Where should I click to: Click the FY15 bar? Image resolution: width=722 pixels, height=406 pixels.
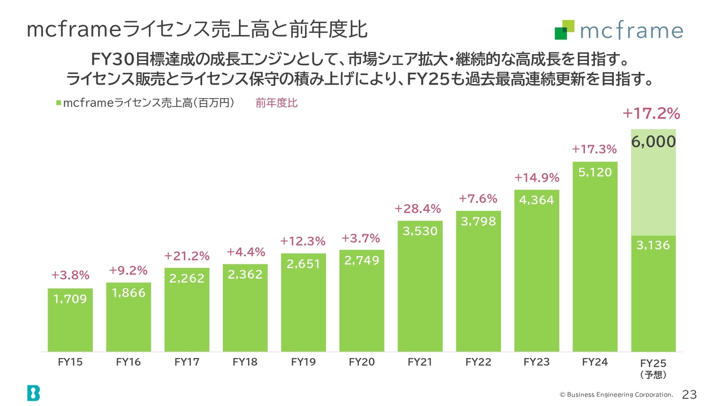(71, 320)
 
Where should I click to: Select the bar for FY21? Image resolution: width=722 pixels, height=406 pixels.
(420, 286)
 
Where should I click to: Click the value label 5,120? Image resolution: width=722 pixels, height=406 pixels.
(595, 173)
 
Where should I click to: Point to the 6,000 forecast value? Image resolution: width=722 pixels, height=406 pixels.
(653, 142)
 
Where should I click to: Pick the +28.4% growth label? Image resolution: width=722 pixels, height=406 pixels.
(417, 209)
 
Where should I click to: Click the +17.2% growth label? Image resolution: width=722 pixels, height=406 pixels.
(651, 114)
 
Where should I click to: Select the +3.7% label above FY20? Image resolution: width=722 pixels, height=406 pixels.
(360, 239)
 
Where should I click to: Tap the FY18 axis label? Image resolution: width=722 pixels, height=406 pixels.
(245, 362)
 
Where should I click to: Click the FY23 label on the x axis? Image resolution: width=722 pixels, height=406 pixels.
(536, 362)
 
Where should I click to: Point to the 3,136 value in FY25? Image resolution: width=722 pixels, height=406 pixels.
(653, 245)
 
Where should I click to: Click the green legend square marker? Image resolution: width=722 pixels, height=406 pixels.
(59, 103)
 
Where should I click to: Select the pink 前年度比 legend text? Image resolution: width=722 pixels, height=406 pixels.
(276, 103)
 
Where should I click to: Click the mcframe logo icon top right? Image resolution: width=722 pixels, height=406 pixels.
(564, 30)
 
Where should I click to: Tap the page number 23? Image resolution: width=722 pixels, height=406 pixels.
(689, 394)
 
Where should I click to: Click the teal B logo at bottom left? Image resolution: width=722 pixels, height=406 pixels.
(33, 393)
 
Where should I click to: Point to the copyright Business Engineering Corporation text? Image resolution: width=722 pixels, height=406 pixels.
(616, 395)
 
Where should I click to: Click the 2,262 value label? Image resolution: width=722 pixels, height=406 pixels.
(187, 278)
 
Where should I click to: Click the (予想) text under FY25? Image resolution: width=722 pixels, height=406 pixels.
(653, 374)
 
